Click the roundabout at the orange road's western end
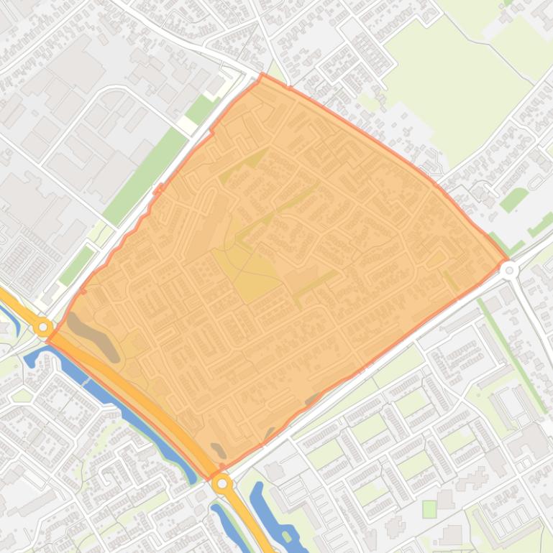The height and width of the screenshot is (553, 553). tap(44, 327)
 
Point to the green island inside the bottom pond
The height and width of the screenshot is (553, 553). tap(287, 536)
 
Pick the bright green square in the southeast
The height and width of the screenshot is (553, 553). tap(429, 509)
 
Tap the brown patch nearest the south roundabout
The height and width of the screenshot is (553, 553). tap(218, 450)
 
